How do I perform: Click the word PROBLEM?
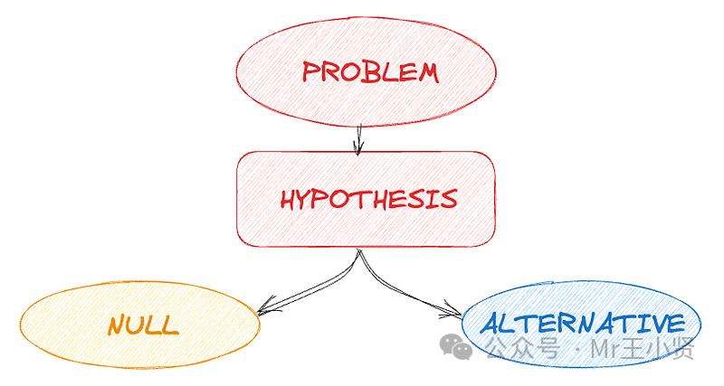tap(370, 72)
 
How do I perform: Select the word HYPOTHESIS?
tap(367, 200)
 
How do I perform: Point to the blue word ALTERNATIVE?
tap(582, 324)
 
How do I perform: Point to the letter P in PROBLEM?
tap(310, 72)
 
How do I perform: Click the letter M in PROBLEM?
tap(426, 72)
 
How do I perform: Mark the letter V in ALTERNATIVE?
tap(655, 323)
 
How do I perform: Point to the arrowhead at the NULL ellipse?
tap(263, 310)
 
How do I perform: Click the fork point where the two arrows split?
tap(359, 254)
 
